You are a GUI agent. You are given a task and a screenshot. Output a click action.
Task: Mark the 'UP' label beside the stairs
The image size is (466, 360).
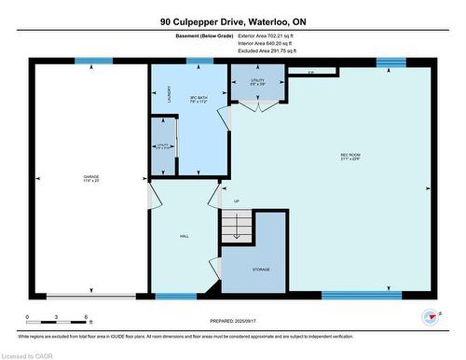pos(236,201)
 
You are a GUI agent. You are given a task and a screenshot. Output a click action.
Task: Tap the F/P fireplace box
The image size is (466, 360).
pos(312,72)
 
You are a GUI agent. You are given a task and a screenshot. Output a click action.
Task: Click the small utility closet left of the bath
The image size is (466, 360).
pos(163,146)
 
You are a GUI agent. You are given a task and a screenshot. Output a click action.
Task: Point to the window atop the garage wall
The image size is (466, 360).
pos(93,62)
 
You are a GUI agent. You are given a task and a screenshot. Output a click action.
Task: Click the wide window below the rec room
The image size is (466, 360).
pos(361,296)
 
